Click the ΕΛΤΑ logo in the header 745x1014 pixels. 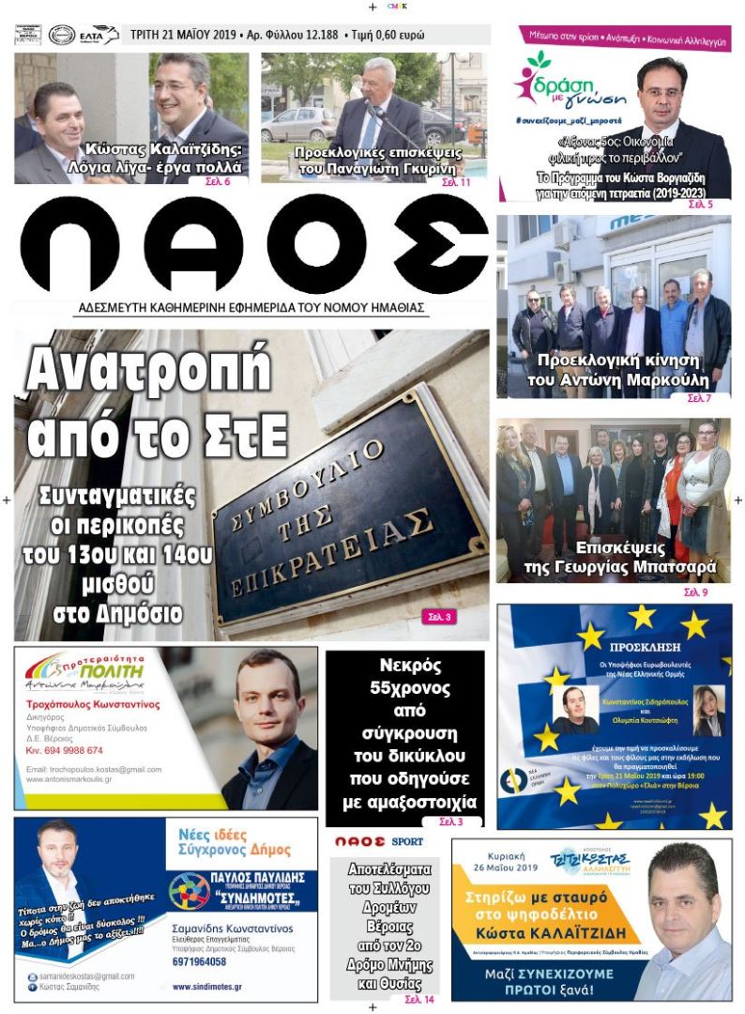97,35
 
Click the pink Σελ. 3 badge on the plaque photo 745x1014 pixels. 440,617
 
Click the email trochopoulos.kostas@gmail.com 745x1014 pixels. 94,769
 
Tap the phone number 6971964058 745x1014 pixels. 200,962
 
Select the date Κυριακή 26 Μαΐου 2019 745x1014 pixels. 508,868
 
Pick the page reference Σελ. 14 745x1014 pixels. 418,1000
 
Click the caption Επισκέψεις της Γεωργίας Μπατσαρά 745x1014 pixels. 618,558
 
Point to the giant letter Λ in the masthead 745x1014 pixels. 193,245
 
